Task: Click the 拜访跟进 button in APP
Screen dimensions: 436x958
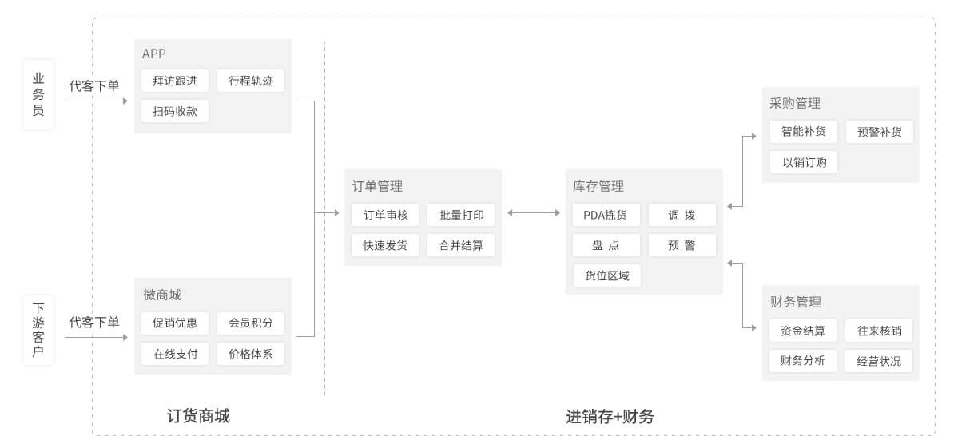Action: pos(175,81)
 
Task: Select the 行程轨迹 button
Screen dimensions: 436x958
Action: pos(250,81)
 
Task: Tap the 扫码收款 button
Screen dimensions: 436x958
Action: pos(175,111)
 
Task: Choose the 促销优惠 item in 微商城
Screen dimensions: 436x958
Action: pos(175,323)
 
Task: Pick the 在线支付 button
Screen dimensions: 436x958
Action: pos(175,353)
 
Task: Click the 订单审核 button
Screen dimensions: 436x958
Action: pos(385,215)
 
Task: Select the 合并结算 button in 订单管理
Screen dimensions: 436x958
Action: pos(460,245)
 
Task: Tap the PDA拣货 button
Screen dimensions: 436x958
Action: pos(606,215)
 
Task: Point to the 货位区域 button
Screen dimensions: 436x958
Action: pos(606,275)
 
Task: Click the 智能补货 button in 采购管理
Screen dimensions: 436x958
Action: pos(804,132)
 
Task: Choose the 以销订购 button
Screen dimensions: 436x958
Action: pos(804,162)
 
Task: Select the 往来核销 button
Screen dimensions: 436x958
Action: pos(879,331)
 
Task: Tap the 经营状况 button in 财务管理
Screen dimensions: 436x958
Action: pos(879,361)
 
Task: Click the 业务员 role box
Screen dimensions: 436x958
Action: pos(38,94)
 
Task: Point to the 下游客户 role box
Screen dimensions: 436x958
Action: pos(38,329)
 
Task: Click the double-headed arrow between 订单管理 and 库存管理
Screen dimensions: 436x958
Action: pos(534,212)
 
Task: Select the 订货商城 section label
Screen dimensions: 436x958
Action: pos(198,416)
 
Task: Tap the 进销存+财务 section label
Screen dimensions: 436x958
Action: pos(610,416)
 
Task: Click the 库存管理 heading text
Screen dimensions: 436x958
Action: pos(598,187)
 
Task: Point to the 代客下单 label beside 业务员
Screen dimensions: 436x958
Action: pos(94,86)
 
